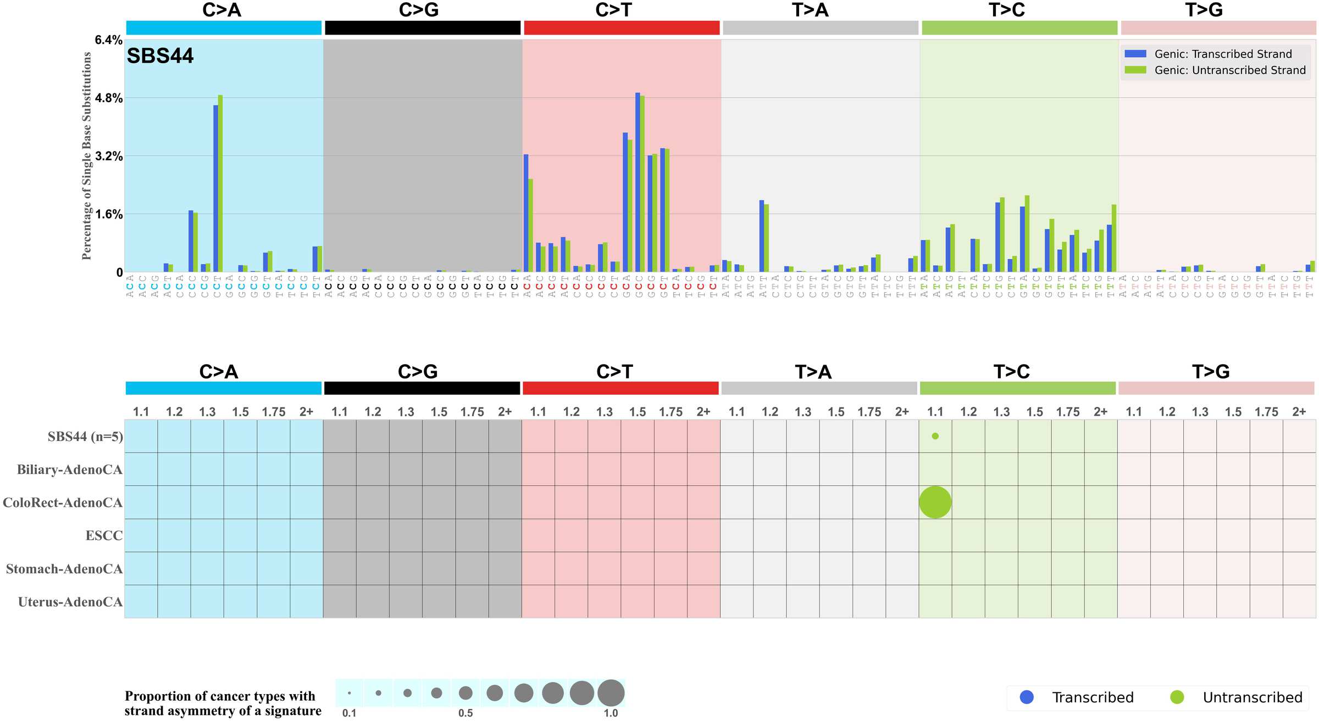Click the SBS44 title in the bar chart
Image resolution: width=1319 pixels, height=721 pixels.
(x=160, y=56)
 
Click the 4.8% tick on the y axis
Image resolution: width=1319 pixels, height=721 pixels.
(x=108, y=98)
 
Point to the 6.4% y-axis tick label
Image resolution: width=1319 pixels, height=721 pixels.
(x=108, y=40)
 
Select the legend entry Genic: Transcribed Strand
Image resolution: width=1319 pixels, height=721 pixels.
(x=1223, y=54)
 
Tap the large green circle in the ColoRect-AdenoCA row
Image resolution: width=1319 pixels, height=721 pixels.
(x=935, y=502)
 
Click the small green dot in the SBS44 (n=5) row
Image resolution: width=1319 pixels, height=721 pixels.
(x=935, y=436)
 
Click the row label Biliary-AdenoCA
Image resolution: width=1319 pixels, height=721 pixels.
(x=69, y=470)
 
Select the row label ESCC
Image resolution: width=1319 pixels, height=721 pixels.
(x=104, y=535)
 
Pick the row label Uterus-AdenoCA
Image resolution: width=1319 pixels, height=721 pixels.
(x=70, y=602)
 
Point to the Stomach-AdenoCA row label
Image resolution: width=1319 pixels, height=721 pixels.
(x=64, y=569)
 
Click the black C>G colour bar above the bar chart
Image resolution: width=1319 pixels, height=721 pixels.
(x=422, y=28)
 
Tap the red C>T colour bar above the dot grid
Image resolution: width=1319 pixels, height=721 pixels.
(x=620, y=388)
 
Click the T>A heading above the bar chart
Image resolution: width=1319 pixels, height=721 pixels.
(x=810, y=10)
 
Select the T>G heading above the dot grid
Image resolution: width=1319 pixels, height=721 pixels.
(x=1210, y=372)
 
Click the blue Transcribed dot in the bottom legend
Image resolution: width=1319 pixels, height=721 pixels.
(x=1026, y=697)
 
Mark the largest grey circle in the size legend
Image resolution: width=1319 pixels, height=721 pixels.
(x=611, y=692)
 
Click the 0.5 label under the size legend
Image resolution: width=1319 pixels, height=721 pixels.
(x=465, y=713)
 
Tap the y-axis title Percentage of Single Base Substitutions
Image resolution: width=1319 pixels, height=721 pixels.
(x=86, y=156)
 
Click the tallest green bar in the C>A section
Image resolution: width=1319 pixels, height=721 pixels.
(x=220, y=183)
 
